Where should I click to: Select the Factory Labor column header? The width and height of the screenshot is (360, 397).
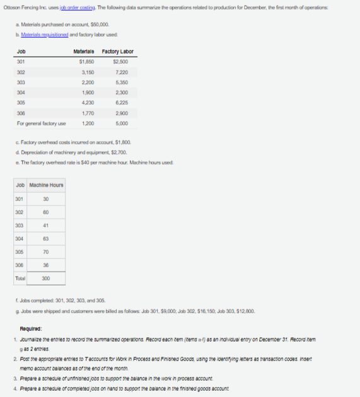pyautogui.click(x=117, y=51)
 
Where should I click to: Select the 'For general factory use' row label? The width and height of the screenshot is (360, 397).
pyautogui.click(x=40, y=123)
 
